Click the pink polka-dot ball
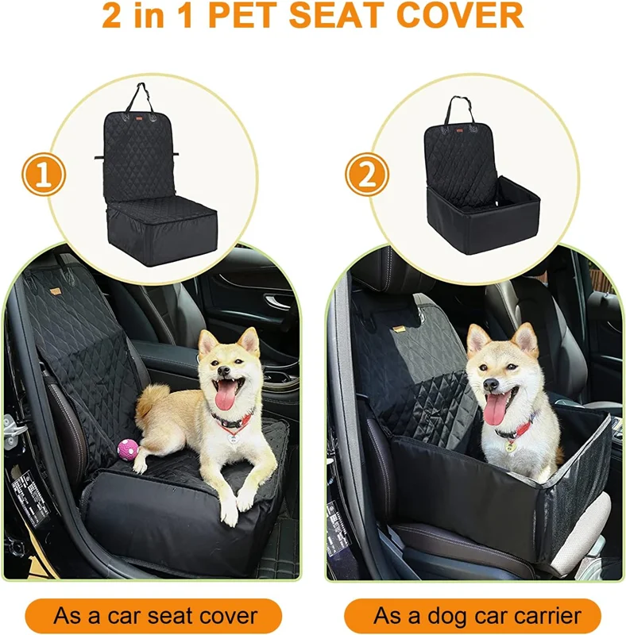pos(128,448)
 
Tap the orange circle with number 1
pos(44,175)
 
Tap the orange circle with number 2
pos(366,175)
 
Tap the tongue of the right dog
pos(496,409)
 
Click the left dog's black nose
pos(223,370)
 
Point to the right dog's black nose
pos(490,384)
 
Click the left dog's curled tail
pos(152,399)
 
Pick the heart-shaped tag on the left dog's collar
pos(233,437)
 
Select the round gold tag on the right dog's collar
pos(509,446)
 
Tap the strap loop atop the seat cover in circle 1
pos(140,97)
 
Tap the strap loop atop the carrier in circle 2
pos(458,110)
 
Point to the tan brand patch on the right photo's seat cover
pos(399,329)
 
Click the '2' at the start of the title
pos(112,15)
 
